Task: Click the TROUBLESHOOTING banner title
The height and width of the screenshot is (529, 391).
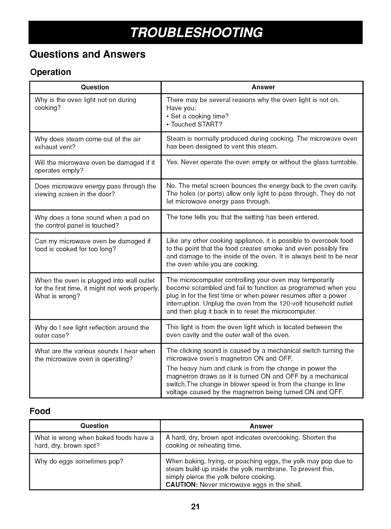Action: pyautogui.click(x=196, y=32)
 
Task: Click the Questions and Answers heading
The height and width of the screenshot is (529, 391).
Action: pyautogui.click(x=87, y=54)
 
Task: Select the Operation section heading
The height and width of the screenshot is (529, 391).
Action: pyautogui.click(x=51, y=72)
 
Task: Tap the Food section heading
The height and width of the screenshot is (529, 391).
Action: pyautogui.click(x=40, y=411)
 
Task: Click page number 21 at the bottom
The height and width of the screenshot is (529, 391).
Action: pyautogui.click(x=195, y=507)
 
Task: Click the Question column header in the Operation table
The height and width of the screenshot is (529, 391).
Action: pyautogui.click(x=95, y=87)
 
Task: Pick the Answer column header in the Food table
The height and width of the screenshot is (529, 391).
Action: pyautogui.click(x=261, y=426)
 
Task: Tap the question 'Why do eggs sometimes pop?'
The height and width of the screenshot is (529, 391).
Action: pyautogui.click(x=79, y=461)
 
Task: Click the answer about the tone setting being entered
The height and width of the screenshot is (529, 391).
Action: pyautogui.click(x=242, y=217)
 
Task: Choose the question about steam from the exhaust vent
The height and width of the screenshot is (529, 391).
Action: pyautogui.click(x=88, y=143)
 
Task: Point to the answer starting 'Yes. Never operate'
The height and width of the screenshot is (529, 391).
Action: pyautogui.click(x=262, y=162)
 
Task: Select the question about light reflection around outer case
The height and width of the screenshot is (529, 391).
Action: pyautogui.click(x=92, y=331)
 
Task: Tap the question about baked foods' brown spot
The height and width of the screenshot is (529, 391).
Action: pyautogui.click(x=94, y=441)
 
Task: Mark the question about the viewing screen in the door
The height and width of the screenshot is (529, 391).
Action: pyautogui.click(x=95, y=190)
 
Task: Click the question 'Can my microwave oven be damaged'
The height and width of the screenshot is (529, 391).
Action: pyautogui.click(x=92, y=245)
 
